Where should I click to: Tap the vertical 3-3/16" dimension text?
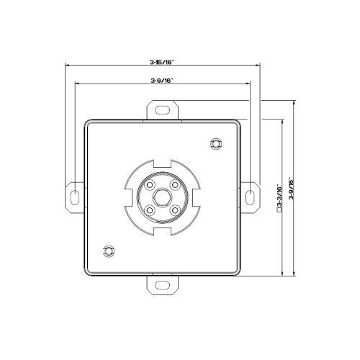click(279, 197)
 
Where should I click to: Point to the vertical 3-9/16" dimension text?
click(291, 189)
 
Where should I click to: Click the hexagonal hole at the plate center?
click(161, 197)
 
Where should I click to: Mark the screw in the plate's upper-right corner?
click(214, 145)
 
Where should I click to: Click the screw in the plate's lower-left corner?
click(109, 251)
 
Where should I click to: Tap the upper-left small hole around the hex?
click(149, 185)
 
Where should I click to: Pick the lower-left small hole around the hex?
click(149, 210)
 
